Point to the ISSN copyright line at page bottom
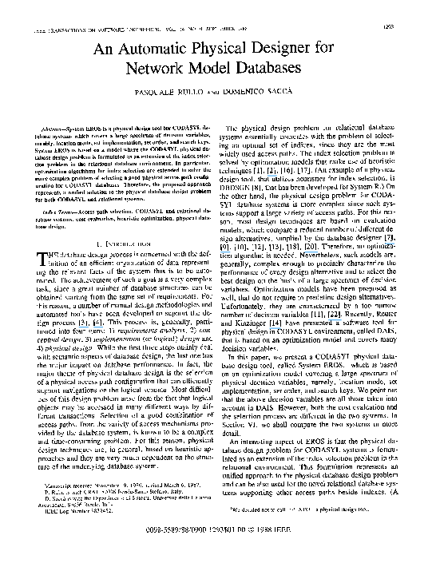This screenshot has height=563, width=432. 215,529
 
